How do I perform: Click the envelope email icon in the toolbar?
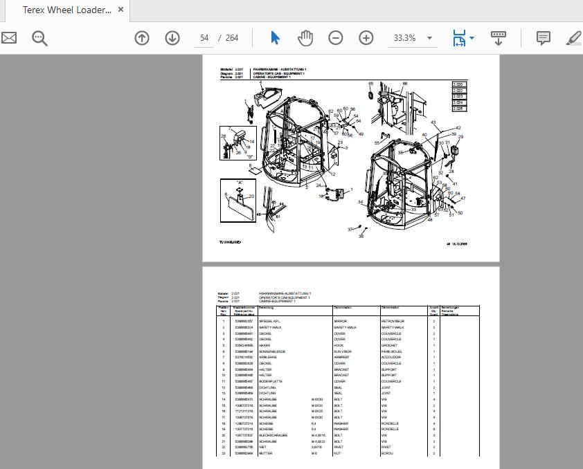coord(8,38)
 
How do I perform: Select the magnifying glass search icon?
coord(39,38)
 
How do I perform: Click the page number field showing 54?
coord(204,38)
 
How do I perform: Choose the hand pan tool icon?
coord(305,38)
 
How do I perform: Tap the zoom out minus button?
coord(335,38)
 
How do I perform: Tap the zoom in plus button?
coord(366,38)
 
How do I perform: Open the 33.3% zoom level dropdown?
coord(429,38)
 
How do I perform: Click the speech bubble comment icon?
coord(544,38)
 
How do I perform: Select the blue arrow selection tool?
coord(275,38)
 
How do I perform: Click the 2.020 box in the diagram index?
coord(458,84)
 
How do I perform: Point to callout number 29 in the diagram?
coord(460,137)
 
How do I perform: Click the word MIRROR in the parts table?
coord(341,322)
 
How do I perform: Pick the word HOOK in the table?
coord(339,346)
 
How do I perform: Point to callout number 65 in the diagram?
coord(370,83)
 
